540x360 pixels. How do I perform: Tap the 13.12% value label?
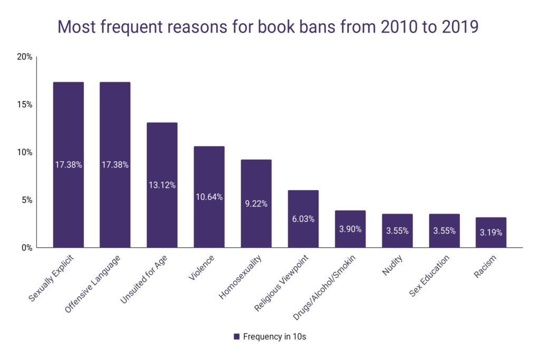coord(162,185)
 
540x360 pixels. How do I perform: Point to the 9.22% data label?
coord(256,203)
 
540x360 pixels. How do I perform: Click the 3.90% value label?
coord(350,231)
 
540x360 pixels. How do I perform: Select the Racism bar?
coord(491,237)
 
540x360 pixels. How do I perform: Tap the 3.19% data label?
coord(491,232)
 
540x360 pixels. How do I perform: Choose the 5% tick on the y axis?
coord(27,200)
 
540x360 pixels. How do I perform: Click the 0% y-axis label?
coord(27,248)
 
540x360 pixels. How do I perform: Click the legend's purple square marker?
coord(236,337)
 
